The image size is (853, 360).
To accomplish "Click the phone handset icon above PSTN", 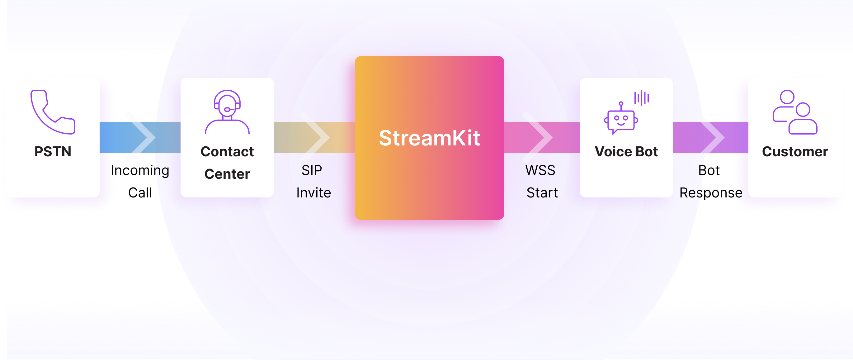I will click(53, 112).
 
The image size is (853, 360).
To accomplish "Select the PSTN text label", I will click(53, 152).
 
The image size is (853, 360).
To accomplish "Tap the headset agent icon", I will click(227, 111).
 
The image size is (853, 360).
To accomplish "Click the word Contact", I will click(227, 152).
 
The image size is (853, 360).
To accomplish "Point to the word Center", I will click(227, 174).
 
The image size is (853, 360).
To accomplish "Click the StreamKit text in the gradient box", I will click(429, 138).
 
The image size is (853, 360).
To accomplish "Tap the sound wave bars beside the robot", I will click(641, 98).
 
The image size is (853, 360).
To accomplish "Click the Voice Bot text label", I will click(626, 152).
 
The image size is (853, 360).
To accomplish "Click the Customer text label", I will click(795, 152).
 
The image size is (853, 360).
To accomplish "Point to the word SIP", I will click(312, 170).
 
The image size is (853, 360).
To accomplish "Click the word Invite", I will click(313, 193).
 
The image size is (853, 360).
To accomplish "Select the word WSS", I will click(540, 170).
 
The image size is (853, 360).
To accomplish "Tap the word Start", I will click(542, 193).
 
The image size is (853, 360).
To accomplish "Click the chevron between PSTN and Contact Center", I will click(141, 137).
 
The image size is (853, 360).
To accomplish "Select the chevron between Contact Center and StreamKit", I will click(316, 137).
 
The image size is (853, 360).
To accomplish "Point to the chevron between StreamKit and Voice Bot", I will click(539, 137).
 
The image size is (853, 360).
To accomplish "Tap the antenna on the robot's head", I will click(621, 105).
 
